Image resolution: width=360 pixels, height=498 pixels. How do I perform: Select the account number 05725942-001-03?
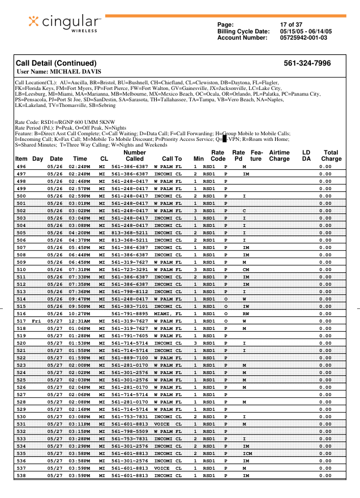click(303, 38)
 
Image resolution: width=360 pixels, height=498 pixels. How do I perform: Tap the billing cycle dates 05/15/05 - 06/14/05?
click(306, 32)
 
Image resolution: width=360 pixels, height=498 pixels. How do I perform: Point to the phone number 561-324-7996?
click(307, 63)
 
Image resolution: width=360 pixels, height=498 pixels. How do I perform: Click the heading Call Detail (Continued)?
click(56, 63)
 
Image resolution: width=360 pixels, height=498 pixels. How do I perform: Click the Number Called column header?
click(135, 156)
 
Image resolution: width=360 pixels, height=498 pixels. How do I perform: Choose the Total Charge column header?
click(331, 156)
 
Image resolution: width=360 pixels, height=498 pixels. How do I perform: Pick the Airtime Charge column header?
click(280, 156)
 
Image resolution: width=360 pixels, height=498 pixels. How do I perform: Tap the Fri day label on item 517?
click(37, 321)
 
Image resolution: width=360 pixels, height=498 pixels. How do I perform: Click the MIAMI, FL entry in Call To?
click(168, 314)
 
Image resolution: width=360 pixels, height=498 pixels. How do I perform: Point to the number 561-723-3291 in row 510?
click(130, 270)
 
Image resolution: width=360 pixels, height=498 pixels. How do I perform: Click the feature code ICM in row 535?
click(247, 453)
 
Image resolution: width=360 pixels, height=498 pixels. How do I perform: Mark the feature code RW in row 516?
click(246, 314)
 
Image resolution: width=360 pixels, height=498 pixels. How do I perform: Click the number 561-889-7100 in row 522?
click(130, 358)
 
